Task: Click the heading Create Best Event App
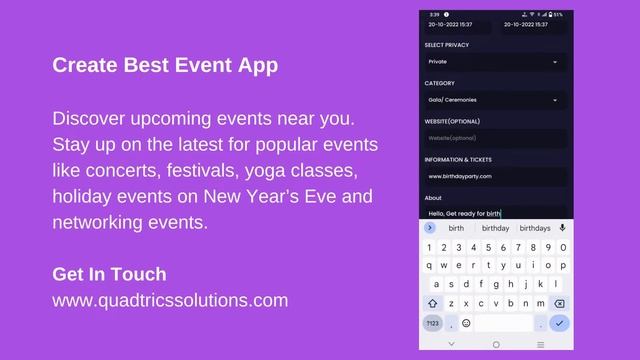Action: tap(165, 66)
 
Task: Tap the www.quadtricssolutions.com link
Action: tap(170, 299)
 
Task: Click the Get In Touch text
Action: tap(109, 274)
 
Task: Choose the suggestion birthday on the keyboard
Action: tap(495, 228)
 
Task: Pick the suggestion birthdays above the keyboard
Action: tap(535, 228)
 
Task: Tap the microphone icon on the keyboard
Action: tap(562, 228)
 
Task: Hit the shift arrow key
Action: tap(433, 303)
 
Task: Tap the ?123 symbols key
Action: tap(433, 323)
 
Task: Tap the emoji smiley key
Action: tap(466, 323)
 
